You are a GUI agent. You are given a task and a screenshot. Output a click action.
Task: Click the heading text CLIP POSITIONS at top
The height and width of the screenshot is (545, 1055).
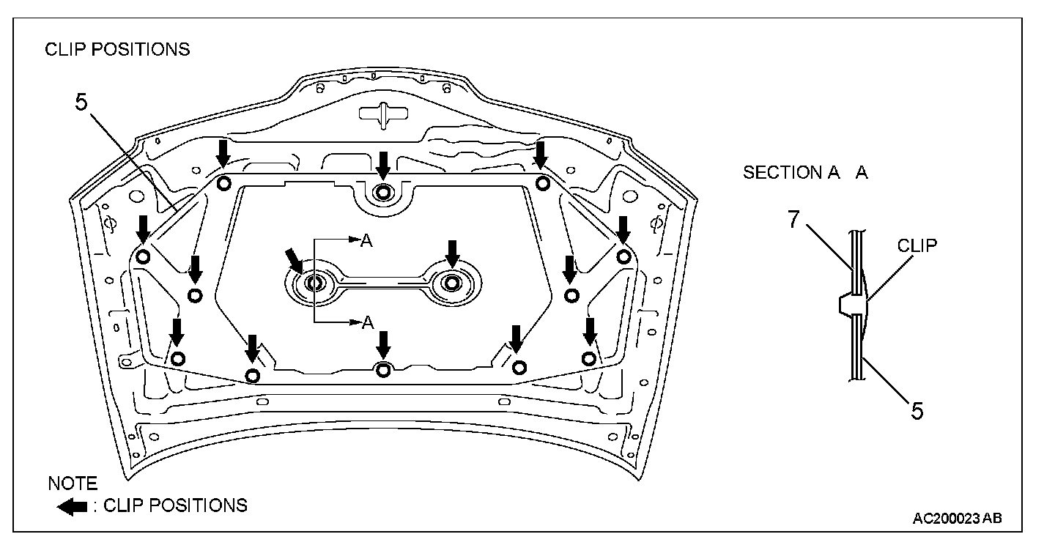(x=117, y=50)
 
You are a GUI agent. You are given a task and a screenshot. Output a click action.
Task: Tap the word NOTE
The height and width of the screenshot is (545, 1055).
(x=72, y=484)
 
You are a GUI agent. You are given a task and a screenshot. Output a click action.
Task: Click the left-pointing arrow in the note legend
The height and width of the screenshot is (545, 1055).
(x=72, y=507)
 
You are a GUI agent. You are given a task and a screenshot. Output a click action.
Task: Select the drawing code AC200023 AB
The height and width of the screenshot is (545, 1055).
(x=957, y=519)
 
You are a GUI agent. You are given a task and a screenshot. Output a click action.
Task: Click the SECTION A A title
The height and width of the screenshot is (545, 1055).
(x=805, y=173)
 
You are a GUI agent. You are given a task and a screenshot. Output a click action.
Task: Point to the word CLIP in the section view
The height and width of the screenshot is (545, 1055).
(x=917, y=245)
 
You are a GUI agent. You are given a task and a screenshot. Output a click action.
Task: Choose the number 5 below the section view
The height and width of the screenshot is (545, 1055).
(x=917, y=410)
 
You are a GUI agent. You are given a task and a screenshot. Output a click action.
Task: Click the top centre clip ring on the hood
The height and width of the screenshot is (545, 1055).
(x=382, y=192)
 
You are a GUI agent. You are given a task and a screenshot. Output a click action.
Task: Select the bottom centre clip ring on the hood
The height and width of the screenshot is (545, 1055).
(x=382, y=369)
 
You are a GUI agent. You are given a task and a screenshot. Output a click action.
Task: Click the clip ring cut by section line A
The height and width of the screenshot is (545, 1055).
(x=314, y=283)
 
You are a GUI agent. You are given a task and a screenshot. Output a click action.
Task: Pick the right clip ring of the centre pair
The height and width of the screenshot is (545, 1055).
(x=452, y=283)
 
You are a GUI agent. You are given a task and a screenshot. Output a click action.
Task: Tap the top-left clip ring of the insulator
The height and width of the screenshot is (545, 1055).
(x=223, y=182)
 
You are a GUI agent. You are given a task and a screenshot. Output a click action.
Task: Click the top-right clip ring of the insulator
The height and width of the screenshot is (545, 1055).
(x=542, y=182)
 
